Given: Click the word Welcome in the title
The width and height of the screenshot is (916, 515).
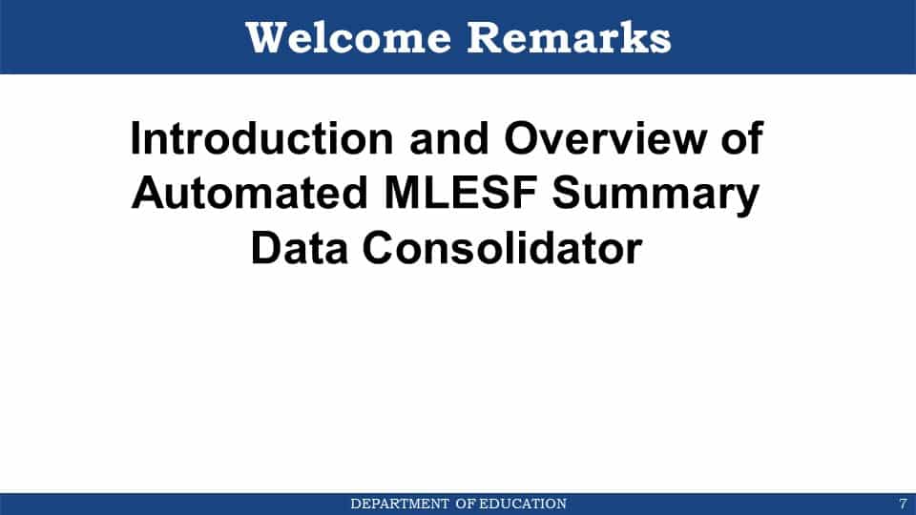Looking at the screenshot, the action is [349, 38].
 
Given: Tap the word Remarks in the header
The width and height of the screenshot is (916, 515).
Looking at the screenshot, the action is [570, 38].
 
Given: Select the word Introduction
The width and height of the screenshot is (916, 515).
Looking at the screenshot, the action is [261, 139].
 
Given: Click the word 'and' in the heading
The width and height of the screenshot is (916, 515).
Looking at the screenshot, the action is [449, 139].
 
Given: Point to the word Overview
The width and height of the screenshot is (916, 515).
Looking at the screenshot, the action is [605, 139].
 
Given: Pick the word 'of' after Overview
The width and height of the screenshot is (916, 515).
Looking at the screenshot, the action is [742, 139].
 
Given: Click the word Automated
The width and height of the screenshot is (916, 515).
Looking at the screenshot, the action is [250, 193].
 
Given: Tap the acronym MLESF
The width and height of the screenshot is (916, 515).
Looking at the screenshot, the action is [460, 193].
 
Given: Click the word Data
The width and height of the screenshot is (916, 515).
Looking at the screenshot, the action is [299, 248].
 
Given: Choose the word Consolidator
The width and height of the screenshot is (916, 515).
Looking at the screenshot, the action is [503, 248].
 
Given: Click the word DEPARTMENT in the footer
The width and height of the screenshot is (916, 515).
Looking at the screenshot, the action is [400, 504].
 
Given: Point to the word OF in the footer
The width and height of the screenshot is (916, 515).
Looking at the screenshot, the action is [466, 504].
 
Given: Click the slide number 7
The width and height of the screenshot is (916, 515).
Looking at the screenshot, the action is [904, 504].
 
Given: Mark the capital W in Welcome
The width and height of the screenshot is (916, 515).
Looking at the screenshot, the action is [267, 38].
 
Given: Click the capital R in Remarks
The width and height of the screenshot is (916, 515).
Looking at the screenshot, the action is [485, 38].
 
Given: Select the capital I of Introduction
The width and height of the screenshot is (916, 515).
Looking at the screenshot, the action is [135, 139].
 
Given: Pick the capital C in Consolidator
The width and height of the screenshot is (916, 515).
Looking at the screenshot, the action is [379, 248].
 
